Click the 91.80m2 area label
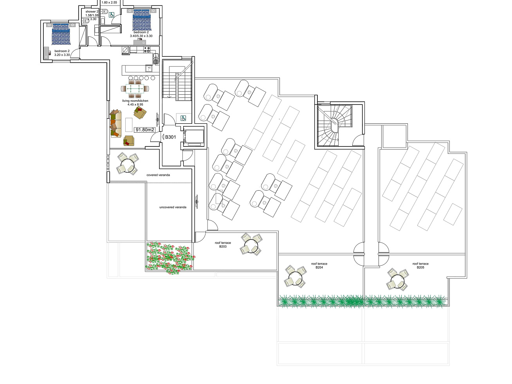pyautogui.click(x=144, y=130)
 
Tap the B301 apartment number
pyautogui.click(x=170, y=137)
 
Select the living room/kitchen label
pyautogui.click(x=135, y=103)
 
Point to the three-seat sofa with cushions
pyautogui.click(x=116, y=124)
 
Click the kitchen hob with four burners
pyautogui.click(x=147, y=50)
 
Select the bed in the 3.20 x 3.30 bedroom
pyautogui.click(x=61, y=34)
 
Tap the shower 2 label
pyautogui.click(x=92, y=12)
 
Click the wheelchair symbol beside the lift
pyautogui.click(x=183, y=118)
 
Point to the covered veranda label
pyautogui.click(x=158, y=175)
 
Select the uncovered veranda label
pyautogui.click(x=173, y=207)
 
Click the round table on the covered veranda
pyautogui.click(x=128, y=163)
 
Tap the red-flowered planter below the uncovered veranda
pyautogui.click(x=170, y=257)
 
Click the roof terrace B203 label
pyautogui.click(x=223, y=245)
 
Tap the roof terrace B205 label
pyautogui.click(x=420, y=265)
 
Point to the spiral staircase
pyautogui.click(x=334, y=125)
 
